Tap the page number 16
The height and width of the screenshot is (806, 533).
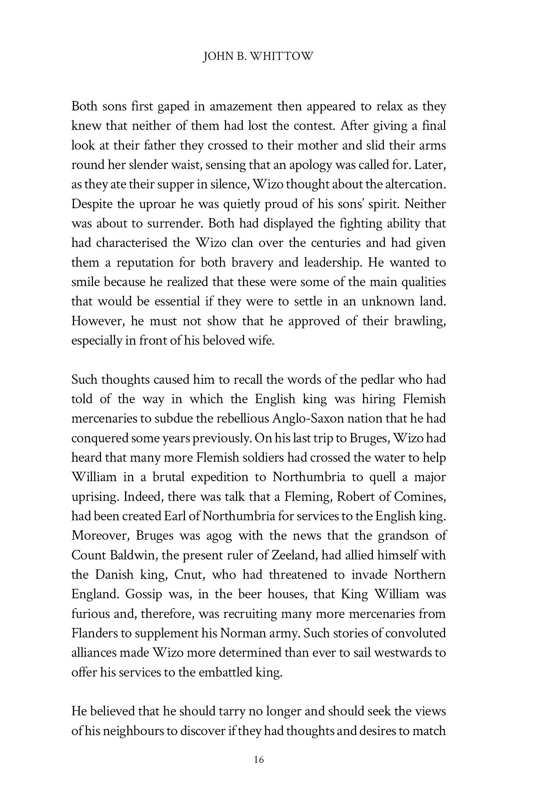click(x=259, y=759)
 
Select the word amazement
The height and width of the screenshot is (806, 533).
click(x=241, y=106)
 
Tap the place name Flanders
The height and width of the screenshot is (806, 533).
click(x=94, y=633)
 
